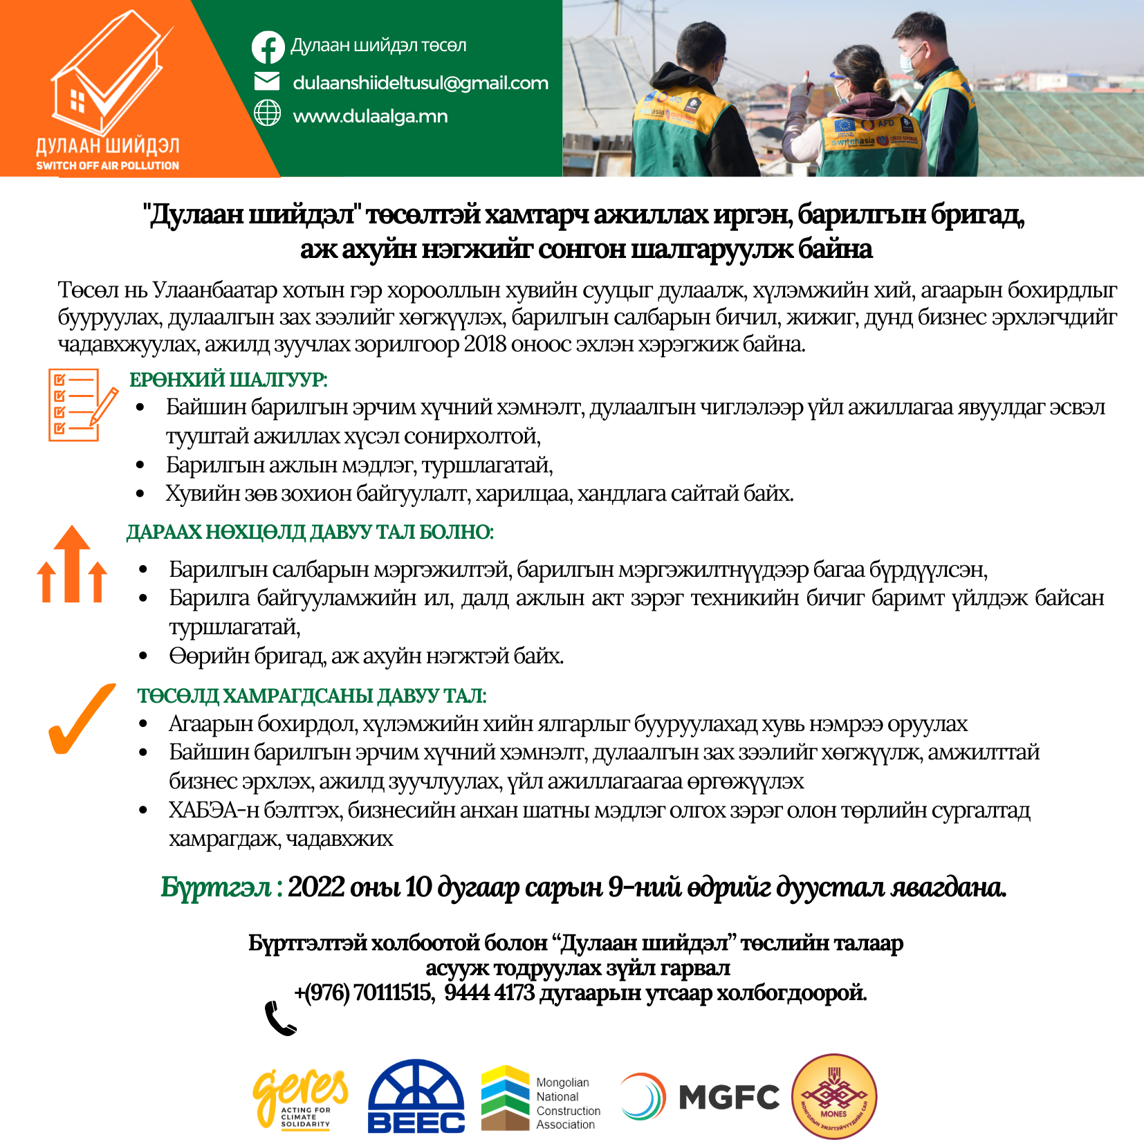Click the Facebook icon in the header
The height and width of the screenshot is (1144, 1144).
[x=268, y=47]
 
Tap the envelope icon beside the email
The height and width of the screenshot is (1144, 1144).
[x=267, y=82]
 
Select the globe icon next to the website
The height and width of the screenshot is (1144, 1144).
[x=267, y=113]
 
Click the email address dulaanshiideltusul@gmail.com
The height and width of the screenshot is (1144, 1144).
[x=420, y=83]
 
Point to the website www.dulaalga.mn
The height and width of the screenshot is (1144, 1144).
[x=370, y=116]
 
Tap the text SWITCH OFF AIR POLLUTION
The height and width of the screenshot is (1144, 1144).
[x=107, y=166]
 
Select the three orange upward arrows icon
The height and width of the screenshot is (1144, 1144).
[x=72, y=564]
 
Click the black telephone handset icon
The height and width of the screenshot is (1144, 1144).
[x=280, y=1018]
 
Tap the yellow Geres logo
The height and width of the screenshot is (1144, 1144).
[x=301, y=1097]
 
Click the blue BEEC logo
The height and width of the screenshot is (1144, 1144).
[x=416, y=1097]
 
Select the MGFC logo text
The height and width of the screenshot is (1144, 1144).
[x=729, y=1097]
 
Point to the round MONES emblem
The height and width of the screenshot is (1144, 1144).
[x=834, y=1097]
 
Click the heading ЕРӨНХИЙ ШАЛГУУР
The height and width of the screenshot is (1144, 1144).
[x=228, y=380]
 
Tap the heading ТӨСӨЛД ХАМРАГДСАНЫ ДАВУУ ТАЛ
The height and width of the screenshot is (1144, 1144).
[x=312, y=696]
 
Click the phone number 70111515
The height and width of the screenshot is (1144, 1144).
[x=392, y=993]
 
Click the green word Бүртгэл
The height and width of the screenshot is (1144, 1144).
[x=216, y=887]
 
